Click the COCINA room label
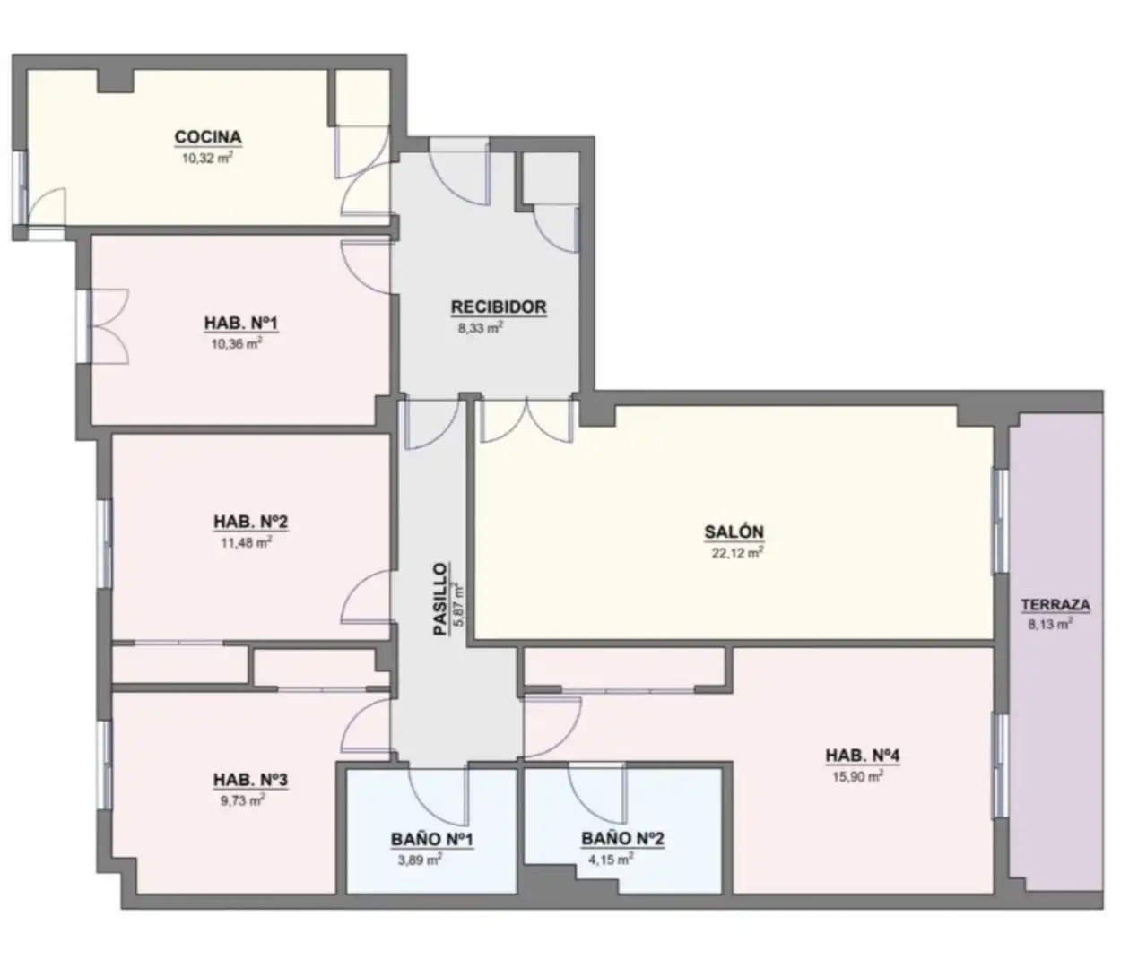tap(207, 136)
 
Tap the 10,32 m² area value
tap(207, 159)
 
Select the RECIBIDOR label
tap(499, 307)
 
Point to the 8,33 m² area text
tap(481, 329)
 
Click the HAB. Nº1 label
tap(240, 323)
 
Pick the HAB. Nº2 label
tap(250, 521)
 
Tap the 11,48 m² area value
tap(246, 543)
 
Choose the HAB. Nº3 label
tap(250, 780)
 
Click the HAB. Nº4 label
tap(862, 756)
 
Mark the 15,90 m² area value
tap(858, 778)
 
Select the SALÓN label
tap(734, 532)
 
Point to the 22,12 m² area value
tap(737, 553)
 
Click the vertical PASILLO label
tap(440, 598)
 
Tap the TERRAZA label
tap(1055, 605)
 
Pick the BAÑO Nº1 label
tap(431, 839)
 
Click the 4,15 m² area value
tap(611, 859)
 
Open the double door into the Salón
tap(527, 419)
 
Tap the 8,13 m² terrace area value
tap(1050, 625)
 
